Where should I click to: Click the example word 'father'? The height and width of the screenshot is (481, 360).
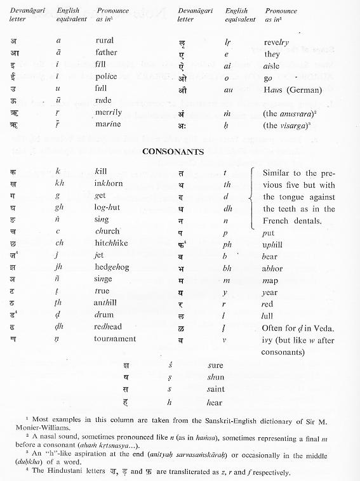point(107,52)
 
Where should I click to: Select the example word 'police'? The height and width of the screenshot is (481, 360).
point(107,76)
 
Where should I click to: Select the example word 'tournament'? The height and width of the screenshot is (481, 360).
point(116,338)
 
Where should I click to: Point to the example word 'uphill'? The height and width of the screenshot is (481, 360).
point(273,244)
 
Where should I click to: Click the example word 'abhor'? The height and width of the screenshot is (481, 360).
point(272,267)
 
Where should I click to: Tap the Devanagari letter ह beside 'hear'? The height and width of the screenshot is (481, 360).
point(132,401)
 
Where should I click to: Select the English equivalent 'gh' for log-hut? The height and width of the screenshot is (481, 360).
point(59,207)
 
